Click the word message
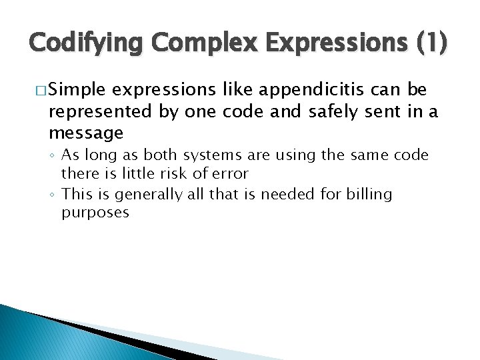86,133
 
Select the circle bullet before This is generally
53,195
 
